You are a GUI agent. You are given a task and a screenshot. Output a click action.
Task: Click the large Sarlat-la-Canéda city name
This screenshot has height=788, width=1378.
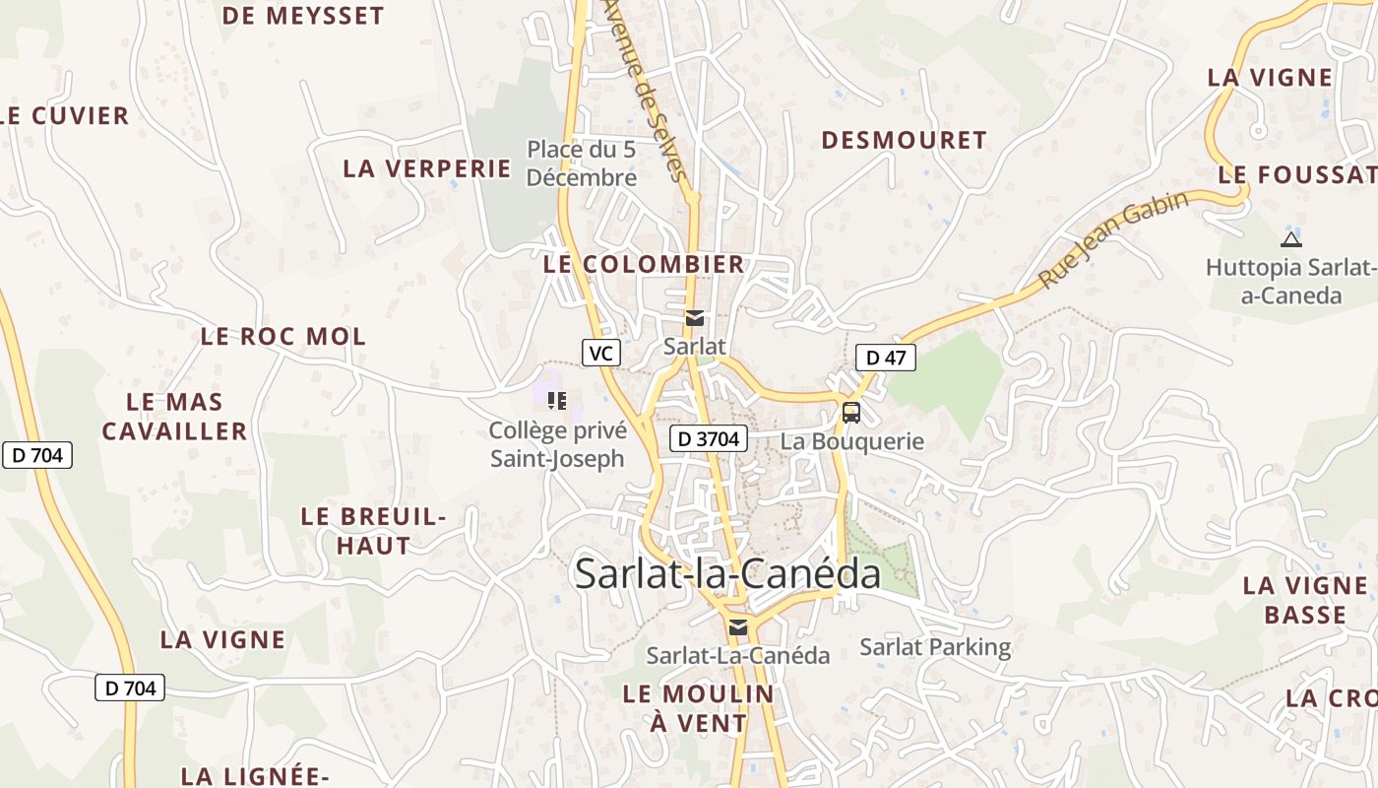tap(727, 573)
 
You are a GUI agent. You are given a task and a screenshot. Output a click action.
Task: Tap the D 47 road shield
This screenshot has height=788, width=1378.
tap(886, 358)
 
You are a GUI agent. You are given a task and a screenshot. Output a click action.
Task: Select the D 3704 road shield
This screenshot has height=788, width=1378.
tap(709, 438)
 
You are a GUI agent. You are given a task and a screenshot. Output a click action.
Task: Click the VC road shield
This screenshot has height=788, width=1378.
tap(600, 353)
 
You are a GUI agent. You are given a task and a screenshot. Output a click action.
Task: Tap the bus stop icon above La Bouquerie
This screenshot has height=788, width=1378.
tap(851, 413)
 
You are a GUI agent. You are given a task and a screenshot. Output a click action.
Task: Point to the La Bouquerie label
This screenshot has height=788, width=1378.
tap(852, 441)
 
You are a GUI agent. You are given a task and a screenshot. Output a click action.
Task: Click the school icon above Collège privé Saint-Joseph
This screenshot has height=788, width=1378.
tap(557, 401)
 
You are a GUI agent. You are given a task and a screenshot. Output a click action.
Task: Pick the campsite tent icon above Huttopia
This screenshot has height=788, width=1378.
tap(1291, 238)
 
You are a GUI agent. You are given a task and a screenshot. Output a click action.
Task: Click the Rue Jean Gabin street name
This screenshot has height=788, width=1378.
tap(1113, 239)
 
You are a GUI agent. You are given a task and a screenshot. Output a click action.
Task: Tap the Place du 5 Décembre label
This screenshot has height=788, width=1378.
tap(581, 164)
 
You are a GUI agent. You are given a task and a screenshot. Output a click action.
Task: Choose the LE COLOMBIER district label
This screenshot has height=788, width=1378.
tap(644, 264)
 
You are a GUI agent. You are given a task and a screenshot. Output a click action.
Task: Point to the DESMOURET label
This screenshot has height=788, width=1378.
tap(904, 140)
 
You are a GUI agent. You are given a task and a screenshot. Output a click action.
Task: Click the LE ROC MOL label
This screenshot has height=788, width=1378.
tap(283, 336)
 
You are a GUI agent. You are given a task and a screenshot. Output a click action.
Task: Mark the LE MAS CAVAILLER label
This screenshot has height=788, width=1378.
tap(175, 417)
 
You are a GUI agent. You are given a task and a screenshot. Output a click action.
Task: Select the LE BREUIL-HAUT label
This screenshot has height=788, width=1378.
tap(374, 531)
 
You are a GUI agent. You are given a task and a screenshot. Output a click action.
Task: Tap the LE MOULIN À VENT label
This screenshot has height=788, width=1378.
tap(699, 708)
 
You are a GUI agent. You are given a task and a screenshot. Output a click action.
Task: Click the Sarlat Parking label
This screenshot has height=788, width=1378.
tap(935, 647)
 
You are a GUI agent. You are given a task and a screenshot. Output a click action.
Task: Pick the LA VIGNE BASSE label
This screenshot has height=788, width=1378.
tap(1305, 600)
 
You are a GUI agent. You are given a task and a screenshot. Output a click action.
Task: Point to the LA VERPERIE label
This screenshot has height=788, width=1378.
tap(427, 168)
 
